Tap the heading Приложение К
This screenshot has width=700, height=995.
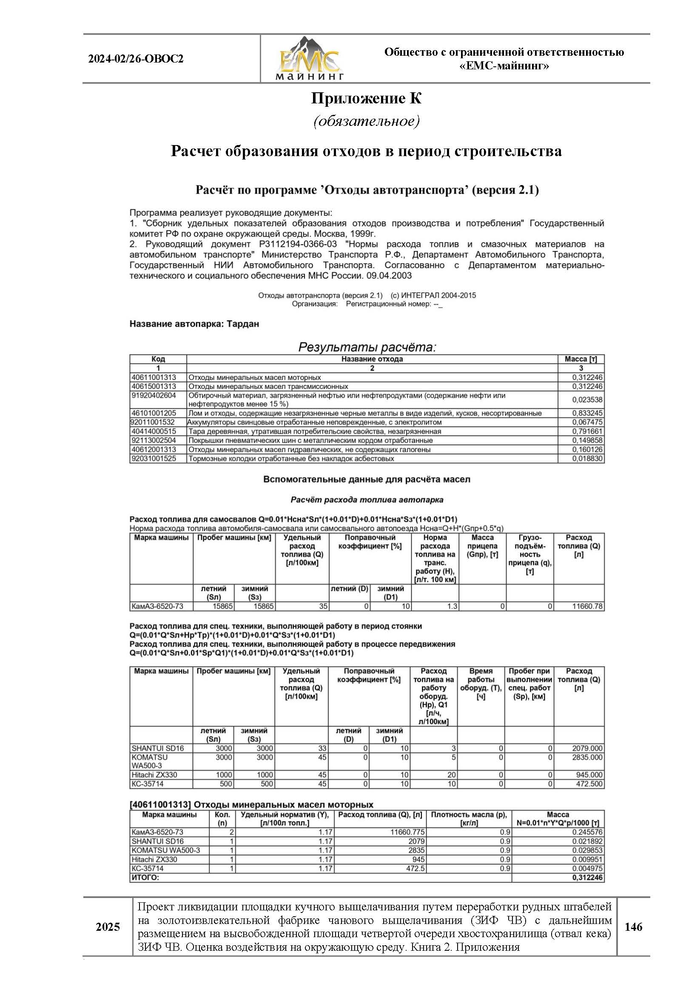pyautogui.click(x=366, y=99)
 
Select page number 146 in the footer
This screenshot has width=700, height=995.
pyautogui.click(x=633, y=927)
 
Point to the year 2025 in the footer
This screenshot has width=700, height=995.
pyautogui.click(x=108, y=927)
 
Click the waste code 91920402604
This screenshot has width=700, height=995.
pyautogui.click(x=154, y=395)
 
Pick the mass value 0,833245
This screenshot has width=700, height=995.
pyautogui.click(x=587, y=413)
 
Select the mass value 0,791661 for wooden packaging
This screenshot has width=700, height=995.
pyautogui.click(x=587, y=431)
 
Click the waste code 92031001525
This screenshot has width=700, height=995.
pyautogui.click(x=154, y=459)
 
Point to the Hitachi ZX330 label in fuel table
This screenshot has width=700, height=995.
pyautogui.click(x=154, y=775)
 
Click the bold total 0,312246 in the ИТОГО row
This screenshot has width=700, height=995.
pyautogui.click(x=587, y=878)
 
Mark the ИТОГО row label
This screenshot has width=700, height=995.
pyautogui.click(x=145, y=878)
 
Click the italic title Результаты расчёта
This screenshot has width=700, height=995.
pyautogui.click(x=367, y=347)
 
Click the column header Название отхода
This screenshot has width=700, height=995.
pyautogui.click(x=372, y=359)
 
